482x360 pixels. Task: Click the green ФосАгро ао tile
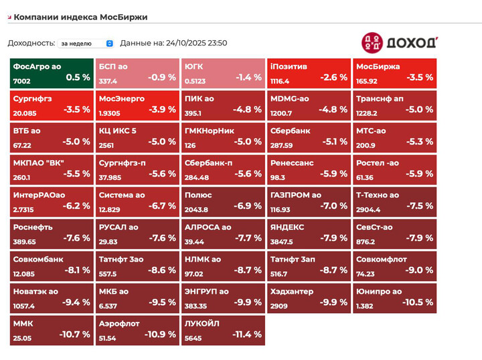pyautogui.click(x=52, y=72)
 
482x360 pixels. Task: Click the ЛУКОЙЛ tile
pyautogui.click(x=223, y=330)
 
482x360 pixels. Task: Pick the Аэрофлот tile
pyautogui.click(x=137, y=330)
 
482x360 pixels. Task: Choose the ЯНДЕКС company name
pyautogui.click(x=287, y=227)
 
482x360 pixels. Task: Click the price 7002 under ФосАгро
pyautogui.click(x=21, y=81)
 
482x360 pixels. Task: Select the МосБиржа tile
pyautogui.click(x=394, y=72)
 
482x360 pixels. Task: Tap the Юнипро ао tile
pyautogui.click(x=394, y=298)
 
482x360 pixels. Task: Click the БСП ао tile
pyautogui.click(x=137, y=72)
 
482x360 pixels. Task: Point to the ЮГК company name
pyautogui.click(x=194, y=67)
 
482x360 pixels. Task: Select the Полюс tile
pyautogui.click(x=223, y=201)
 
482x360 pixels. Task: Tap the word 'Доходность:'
pyautogui.click(x=31, y=43)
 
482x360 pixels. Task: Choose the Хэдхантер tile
pyautogui.click(x=309, y=298)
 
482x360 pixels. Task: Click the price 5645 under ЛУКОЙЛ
pyautogui.click(x=193, y=338)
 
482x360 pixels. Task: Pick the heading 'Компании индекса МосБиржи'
pyautogui.click(x=80, y=17)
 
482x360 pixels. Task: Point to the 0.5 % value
pyautogui.click(x=78, y=77)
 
